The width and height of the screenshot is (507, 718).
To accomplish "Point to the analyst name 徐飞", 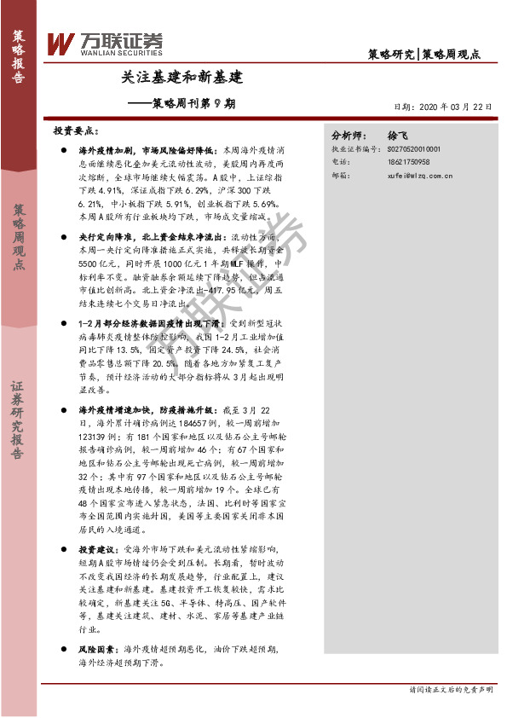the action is (398, 135).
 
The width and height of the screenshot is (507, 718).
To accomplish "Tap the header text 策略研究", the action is (390, 54).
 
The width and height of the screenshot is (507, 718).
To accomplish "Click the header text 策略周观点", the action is (452, 54).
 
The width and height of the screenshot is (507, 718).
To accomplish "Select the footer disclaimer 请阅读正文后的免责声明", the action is (451, 690).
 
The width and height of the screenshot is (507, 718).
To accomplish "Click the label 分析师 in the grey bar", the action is (349, 135).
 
